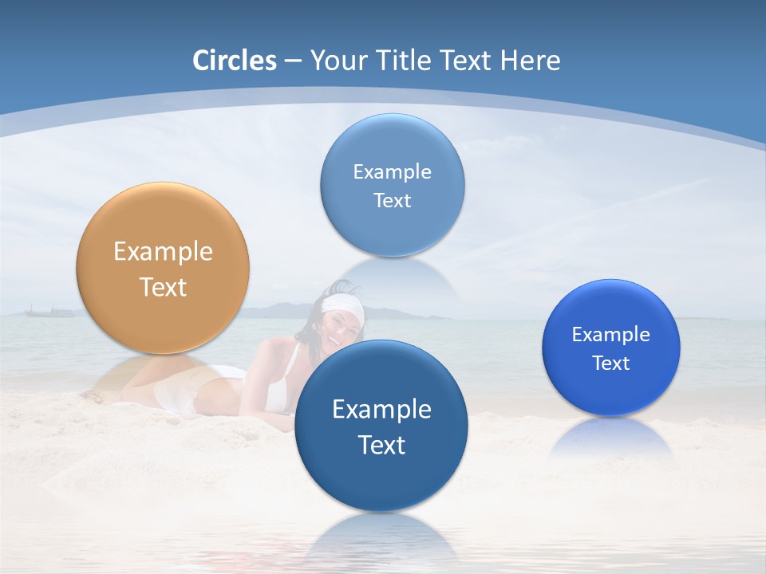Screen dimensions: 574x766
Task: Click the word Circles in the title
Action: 235,61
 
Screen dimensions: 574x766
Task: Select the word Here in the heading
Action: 530,61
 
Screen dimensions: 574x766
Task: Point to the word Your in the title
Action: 336,61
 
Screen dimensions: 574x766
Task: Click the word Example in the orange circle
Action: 163,252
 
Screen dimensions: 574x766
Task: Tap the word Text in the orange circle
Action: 163,287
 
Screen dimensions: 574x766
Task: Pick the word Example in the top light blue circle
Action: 392,171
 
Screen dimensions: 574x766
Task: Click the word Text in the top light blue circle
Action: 392,200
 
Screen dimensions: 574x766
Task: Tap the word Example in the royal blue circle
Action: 611,335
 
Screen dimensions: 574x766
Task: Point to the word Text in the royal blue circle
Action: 611,364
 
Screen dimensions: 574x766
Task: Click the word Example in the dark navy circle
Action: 381,410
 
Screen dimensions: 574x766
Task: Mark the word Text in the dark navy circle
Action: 381,445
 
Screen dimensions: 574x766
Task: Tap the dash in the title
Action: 292,61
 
